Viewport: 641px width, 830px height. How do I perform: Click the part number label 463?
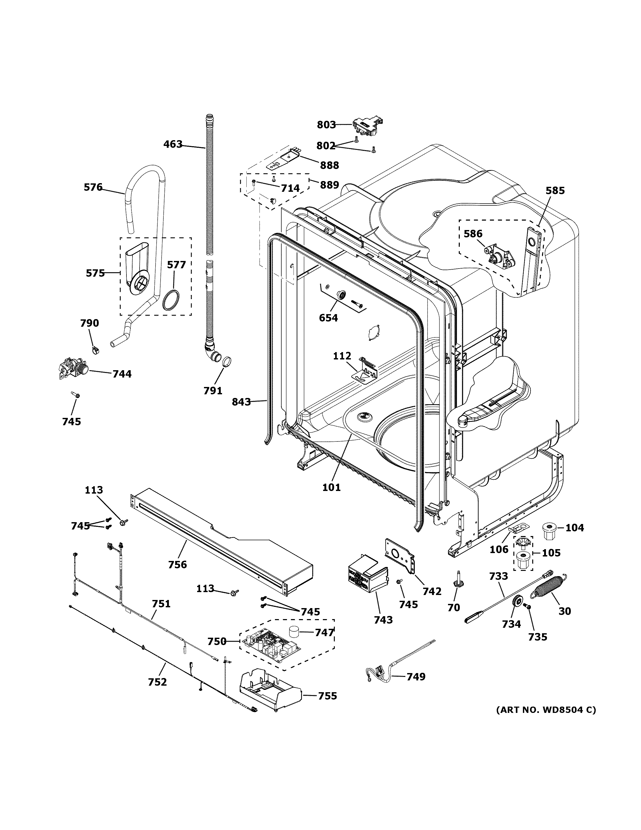click(x=173, y=144)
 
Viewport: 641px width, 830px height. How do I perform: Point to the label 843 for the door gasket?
click(x=241, y=402)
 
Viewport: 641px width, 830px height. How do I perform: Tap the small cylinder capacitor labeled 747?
click(x=294, y=632)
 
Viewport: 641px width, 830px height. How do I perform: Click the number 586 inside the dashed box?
click(x=473, y=234)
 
